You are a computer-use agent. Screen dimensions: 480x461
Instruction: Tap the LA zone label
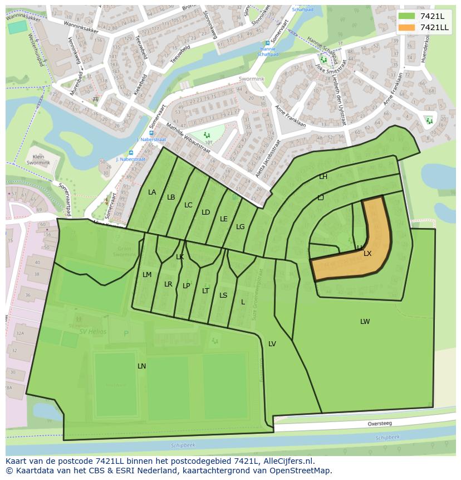click(152, 192)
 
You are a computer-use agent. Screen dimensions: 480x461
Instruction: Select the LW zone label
click(365, 322)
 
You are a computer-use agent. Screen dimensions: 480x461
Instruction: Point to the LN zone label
click(141, 366)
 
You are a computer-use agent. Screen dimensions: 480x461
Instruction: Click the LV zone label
click(272, 344)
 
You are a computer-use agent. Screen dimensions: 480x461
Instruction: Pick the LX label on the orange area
click(367, 254)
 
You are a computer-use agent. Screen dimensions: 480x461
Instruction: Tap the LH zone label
click(323, 177)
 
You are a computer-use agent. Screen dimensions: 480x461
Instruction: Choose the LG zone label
click(240, 227)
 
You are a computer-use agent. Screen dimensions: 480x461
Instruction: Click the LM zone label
click(147, 275)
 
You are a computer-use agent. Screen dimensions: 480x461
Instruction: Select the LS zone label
click(223, 295)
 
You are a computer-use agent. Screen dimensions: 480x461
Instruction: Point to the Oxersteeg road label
click(379, 424)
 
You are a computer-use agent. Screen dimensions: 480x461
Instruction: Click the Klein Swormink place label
click(38, 161)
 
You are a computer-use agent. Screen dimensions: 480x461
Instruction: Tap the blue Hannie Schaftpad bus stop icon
click(267, 43)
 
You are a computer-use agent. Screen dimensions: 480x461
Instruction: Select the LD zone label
click(205, 212)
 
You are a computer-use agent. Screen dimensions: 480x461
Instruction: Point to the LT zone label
click(205, 291)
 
